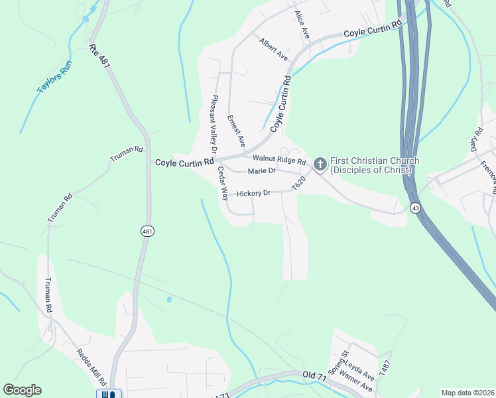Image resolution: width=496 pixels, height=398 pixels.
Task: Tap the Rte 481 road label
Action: pyautogui.click(x=99, y=56)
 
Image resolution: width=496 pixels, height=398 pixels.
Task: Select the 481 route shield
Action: pyautogui.click(x=147, y=231)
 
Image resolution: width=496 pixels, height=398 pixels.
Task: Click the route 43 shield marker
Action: pyautogui.click(x=414, y=207)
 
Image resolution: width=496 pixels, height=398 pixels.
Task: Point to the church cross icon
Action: pyautogui.click(x=320, y=164)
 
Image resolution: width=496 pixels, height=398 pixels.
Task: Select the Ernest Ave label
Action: pyautogui.click(x=236, y=131)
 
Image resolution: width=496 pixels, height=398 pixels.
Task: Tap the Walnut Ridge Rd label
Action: pyautogui.click(x=279, y=160)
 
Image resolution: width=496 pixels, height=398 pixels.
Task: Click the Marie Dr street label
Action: pyautogui.click(x=261, y=171)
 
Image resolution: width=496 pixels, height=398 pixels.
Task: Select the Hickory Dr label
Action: pyautogui.click(x=253, y=193)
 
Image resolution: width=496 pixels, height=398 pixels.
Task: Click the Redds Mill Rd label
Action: pyautogui.click(x=91, y=367)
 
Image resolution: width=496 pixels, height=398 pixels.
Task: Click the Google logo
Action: pyautogui.click(x=22, y=390)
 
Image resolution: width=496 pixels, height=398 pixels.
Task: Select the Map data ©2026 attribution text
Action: pyautogui.click(x=467, y=393)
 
